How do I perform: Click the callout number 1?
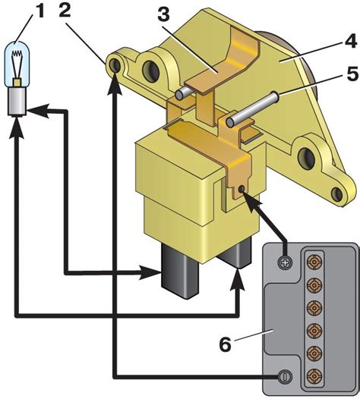(x=39, y=11)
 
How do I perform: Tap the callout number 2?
(x=65, y=11)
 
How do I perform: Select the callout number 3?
(x=163, y=15)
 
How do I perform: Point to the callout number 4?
(x=350, y=40)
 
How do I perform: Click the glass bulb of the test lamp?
(x=17, y=64)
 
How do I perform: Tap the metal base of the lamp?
(x=17, y=102)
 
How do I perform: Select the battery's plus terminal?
(x=285, y=262)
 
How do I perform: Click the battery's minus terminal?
(x=284, y=375)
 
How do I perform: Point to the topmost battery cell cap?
(x=314, y=262)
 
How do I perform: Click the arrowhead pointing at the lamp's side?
(x=37, y=111)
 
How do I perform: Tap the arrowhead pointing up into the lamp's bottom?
(x=17, y=127)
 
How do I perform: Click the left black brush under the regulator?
(x=179, y=272)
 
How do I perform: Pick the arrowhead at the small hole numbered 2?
(x=115, y=84)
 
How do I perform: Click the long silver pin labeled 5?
(x=251, y=108)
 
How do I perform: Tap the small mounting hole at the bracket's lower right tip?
(x=337, y=194)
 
